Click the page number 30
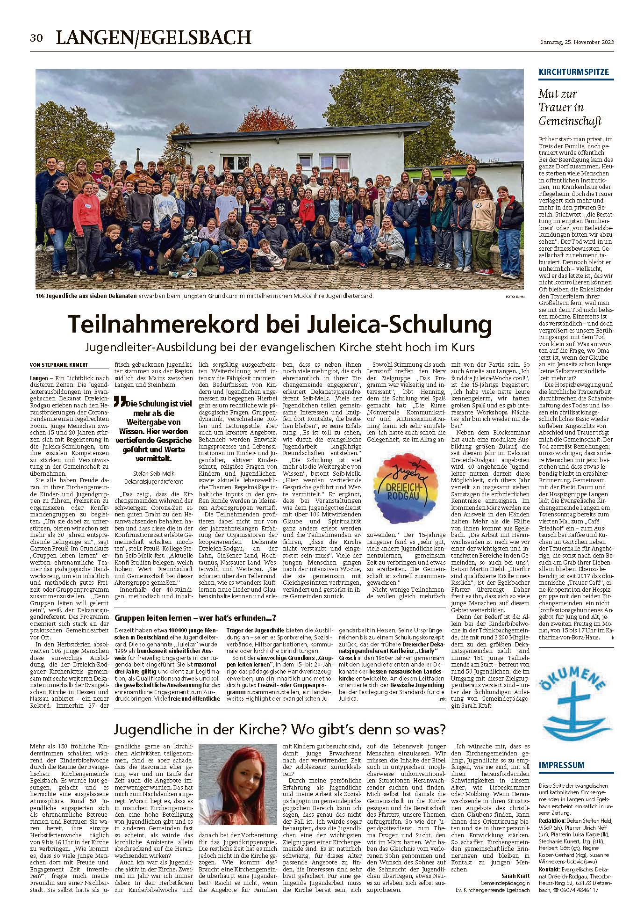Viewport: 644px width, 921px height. pyautogui.click(x=36, y=38)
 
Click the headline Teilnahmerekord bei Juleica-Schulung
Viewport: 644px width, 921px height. pyautogui.click(x=280, y=324)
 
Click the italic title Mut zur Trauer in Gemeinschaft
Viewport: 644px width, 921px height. pyautogui.click(x=571, y=108)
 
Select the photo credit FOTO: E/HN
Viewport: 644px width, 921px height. pyautogui.click(x=513, y=297)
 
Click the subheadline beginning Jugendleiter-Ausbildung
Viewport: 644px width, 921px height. pyautogui.click(x=280, y=348)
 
